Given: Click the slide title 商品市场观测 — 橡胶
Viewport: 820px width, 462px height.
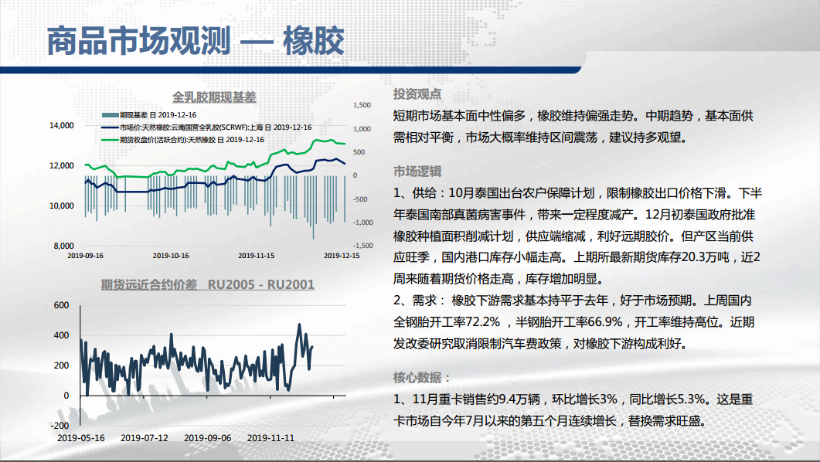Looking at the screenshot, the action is [196, 41].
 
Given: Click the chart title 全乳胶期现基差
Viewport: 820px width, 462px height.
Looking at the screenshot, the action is [214, 97].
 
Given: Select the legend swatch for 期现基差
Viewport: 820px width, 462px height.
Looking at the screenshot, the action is [111, 115].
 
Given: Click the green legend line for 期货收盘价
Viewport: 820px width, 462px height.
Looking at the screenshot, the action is [111, 140].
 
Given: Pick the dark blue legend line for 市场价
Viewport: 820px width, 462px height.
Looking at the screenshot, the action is [111, 127].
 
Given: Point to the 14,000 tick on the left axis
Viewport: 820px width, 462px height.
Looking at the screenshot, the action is [62, 125].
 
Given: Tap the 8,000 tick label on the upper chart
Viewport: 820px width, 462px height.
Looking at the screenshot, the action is [64, 246].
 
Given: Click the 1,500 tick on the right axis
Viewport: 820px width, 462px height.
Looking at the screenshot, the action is [362, 105].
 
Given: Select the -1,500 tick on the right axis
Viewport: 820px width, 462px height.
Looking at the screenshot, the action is [362, 246].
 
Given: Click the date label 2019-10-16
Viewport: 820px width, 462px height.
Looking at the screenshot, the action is [171, 256].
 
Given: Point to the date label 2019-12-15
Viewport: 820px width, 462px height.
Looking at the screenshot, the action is [342, 256].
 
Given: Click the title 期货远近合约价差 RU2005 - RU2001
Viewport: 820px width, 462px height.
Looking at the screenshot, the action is [208, 284].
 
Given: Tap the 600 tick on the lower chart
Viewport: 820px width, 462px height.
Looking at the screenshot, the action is [62, 305].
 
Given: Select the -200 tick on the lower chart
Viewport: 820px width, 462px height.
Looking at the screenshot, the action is [60, 426].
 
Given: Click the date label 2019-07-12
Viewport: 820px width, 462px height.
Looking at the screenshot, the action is [145, 438].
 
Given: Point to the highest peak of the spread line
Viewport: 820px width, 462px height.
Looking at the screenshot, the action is [299, 324].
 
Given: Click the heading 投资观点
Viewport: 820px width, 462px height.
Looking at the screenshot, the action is [417, 94].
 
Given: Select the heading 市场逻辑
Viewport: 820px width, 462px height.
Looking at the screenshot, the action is [417, 172].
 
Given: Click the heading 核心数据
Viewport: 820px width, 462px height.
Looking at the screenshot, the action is [421, 377].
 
